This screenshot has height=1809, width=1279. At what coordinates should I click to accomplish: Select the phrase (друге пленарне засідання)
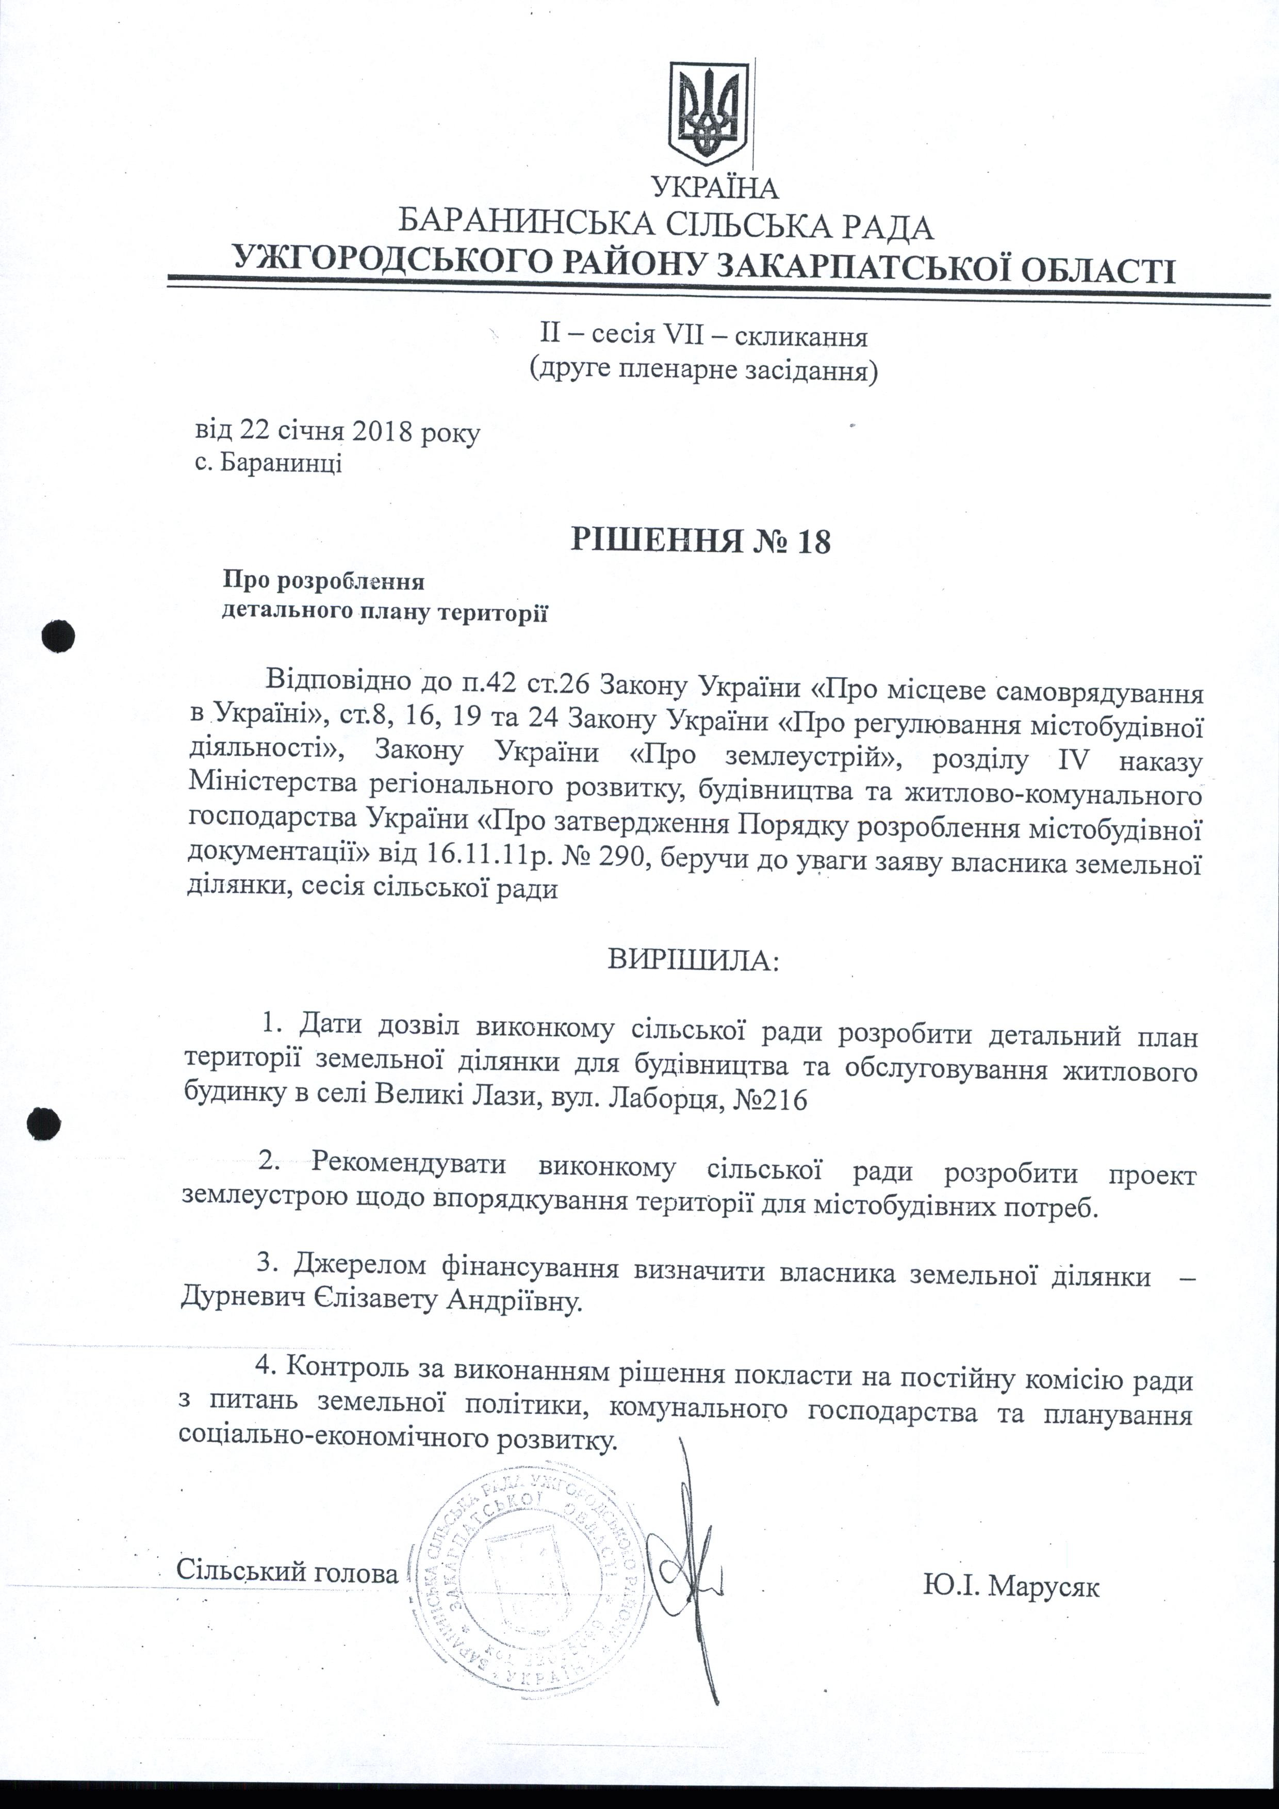(703, 369)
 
